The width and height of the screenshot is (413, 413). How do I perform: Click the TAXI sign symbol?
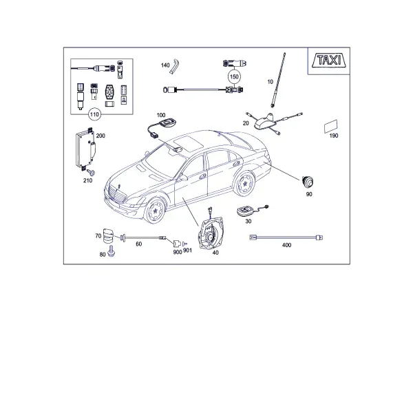[330, 61]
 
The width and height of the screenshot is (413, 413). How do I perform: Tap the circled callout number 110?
[94, 114]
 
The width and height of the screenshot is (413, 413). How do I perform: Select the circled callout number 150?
[234, 76]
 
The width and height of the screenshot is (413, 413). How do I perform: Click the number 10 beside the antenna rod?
[271, 82]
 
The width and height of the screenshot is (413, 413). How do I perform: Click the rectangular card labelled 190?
[331, 127]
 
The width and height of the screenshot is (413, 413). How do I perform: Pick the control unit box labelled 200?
[85, 149]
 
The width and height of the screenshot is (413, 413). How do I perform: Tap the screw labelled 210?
[92, 173]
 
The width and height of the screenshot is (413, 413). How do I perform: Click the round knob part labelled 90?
[308, 182]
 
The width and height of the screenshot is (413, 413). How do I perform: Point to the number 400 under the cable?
[286, 245]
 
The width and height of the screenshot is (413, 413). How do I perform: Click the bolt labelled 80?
[112, 251]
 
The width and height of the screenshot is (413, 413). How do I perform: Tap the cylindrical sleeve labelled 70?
[108, 235]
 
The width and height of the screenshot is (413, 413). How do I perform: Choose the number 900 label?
[178, 252]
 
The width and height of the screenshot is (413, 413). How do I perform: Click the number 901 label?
[187, 251]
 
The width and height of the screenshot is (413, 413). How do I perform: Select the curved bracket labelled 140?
[175, 67]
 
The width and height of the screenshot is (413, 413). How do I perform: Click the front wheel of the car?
[155, 210]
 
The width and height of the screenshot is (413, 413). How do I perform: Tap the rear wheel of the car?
[244, 184]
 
